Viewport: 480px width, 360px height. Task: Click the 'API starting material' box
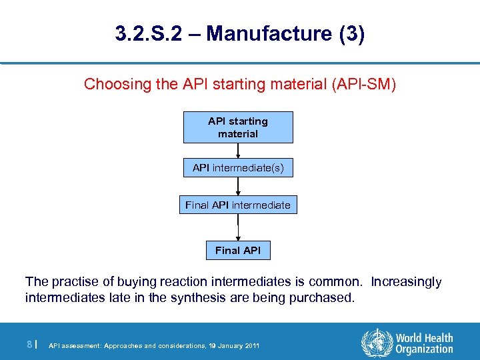tap(238, 127)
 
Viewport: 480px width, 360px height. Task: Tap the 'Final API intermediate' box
tap(238, 205)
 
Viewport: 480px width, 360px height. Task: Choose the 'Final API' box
tap(238, 251)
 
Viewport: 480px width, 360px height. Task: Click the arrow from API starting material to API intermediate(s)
tap(238, 151)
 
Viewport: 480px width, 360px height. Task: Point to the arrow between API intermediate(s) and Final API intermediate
tap(238, 187)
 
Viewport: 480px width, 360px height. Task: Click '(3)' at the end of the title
tap(351, 34)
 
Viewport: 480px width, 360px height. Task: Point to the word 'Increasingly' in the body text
tap(406, 282)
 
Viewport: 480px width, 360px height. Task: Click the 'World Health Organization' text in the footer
tap(423, 343)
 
